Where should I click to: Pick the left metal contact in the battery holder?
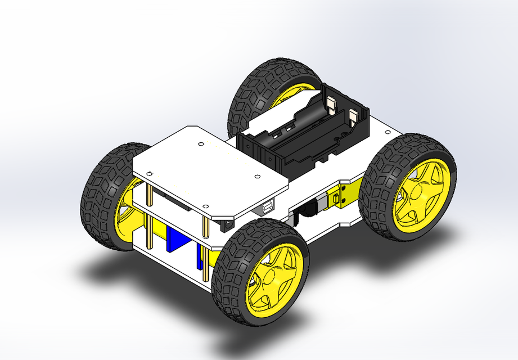pos(331,103)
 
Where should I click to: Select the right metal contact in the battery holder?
pos(354,116)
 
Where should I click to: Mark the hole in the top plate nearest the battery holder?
pos(257,177)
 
